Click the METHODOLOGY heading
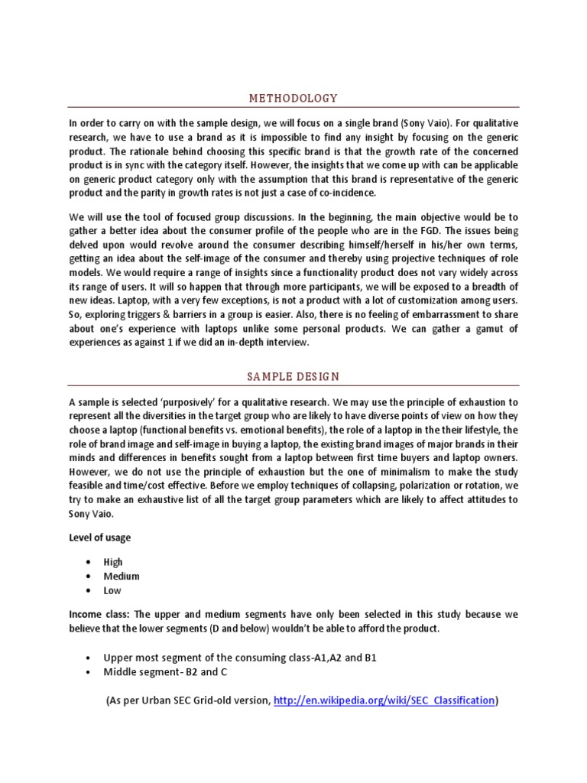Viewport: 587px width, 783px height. tap(293, 98)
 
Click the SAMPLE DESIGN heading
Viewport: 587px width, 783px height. tap(293, 377)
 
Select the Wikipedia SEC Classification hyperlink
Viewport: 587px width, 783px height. tap(384, 700)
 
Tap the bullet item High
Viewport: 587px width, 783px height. tap(113, 562)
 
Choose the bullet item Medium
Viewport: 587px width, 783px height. tap(122, 577)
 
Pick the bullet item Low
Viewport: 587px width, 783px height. tap(112, 590)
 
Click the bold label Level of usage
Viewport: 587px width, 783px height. tap(99, 538)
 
